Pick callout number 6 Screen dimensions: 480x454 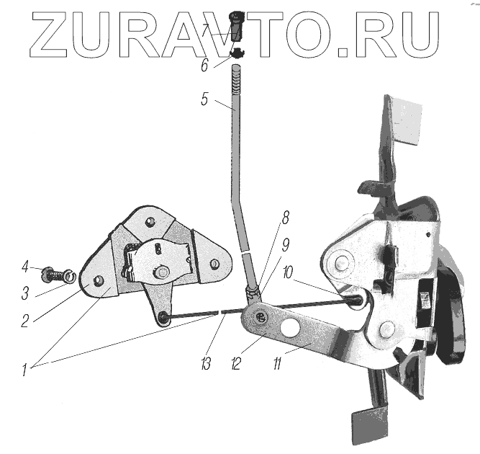click(204, 66)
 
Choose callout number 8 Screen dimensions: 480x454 click(285, 216)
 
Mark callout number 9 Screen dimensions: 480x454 click(285, 244)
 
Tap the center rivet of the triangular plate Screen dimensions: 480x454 click(164, 272)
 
